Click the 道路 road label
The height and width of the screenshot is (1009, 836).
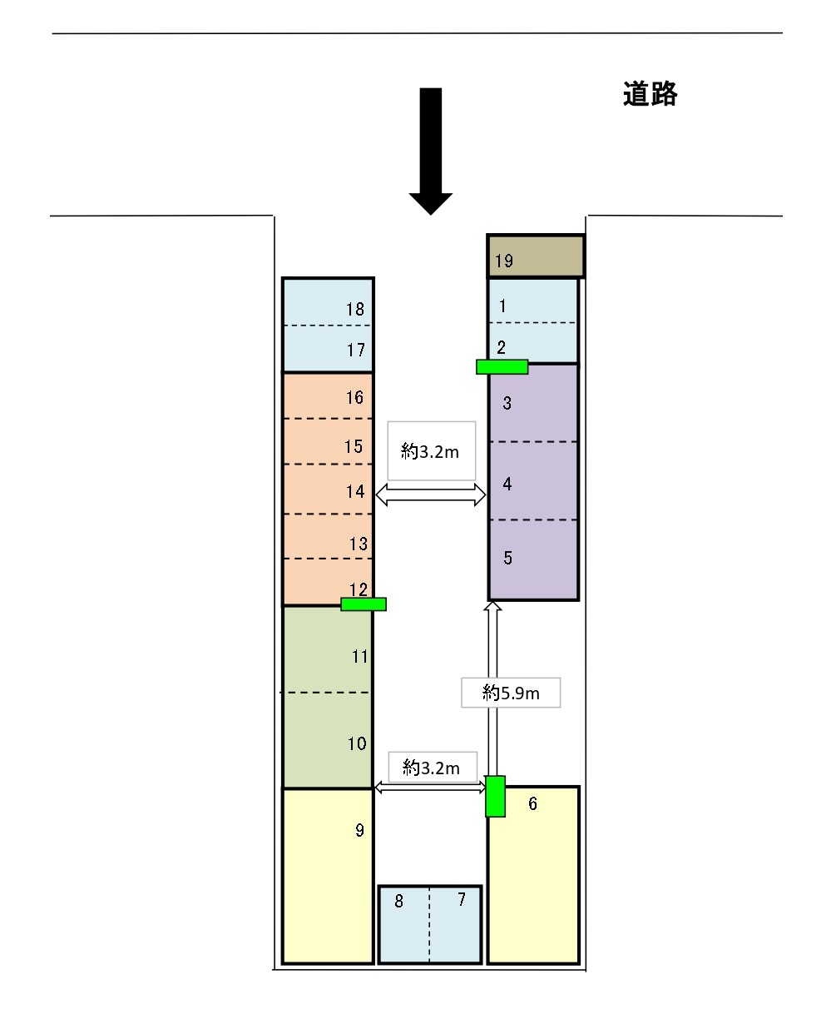(x=650, y=94)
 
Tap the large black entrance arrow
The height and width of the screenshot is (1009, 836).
(x=430, y=151)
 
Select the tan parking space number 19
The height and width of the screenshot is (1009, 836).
(x=535, y=256)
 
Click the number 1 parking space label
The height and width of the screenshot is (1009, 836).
(x=502, y=306)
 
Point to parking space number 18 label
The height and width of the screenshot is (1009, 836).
(x=355, y=309)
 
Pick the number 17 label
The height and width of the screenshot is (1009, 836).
(x=356, y=350)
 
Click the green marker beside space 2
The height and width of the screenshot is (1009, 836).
(x=502, y=367)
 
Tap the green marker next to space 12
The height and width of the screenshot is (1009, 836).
(x=364, y=604)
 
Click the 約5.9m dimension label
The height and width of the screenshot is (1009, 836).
(x=511, y=693)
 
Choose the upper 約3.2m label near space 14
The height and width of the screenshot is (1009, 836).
(x=430, y=452)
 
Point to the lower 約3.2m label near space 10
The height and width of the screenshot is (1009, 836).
(x=431, y=768)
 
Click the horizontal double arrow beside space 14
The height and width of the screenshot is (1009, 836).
(x=431, y=495)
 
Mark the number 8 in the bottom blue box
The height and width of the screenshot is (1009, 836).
(x=398, y=901)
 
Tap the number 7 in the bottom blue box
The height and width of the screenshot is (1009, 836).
(x=462, y=899)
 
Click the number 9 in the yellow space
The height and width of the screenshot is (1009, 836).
(x=359, y=830)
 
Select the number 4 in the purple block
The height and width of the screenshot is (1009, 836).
(x=507, y=484)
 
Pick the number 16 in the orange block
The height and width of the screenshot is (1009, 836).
(x=354, y=398)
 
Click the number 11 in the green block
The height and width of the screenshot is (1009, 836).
(x=360, y=657)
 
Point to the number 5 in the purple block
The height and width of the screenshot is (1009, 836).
(x=507, y=558)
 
